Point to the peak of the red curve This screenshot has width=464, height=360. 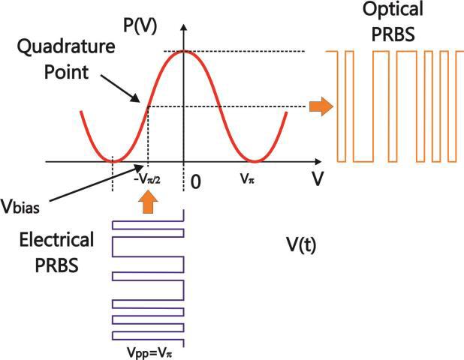pos(185,51)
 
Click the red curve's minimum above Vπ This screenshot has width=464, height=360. pos(255,160)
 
